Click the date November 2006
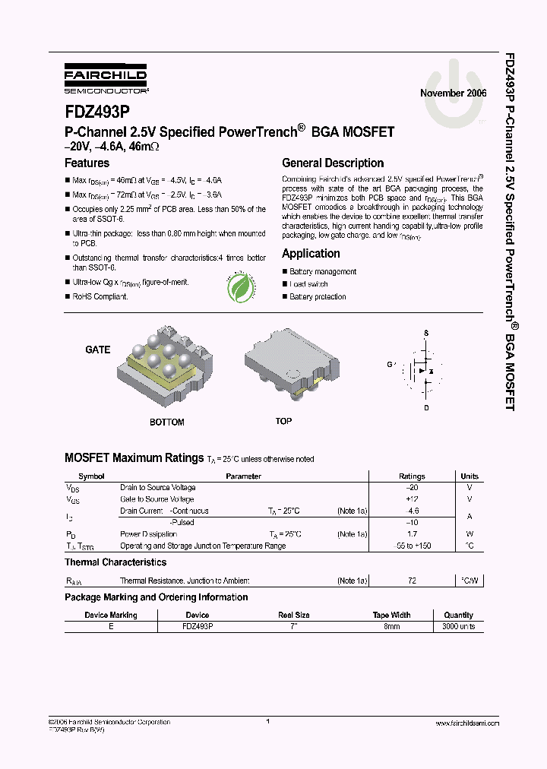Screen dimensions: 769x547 [453, 93]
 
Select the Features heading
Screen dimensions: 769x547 [87, 163]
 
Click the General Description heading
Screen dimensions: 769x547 [333, 163]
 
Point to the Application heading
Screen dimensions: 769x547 [311, 254]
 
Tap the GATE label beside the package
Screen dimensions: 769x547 [98, 350]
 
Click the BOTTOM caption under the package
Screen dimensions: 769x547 [166, 422]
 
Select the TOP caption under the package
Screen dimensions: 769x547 [283, 421]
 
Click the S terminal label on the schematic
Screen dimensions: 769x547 [426, 333]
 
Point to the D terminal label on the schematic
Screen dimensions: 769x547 [426, 408]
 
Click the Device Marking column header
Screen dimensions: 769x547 [111, 615]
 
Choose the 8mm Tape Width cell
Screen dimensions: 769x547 [391, 627]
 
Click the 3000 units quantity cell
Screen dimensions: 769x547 [458, 627]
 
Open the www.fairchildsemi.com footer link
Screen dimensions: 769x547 [467, 724]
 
